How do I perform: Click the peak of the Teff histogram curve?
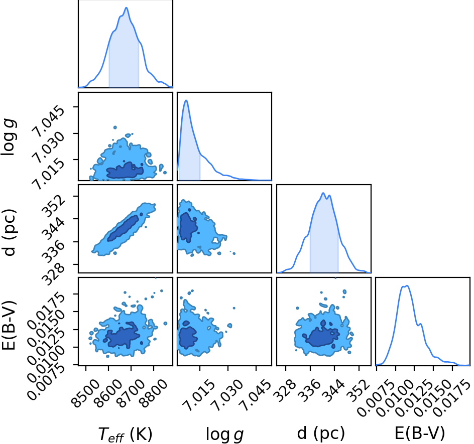pos(127,8)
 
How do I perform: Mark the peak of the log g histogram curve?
pos(186,100)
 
